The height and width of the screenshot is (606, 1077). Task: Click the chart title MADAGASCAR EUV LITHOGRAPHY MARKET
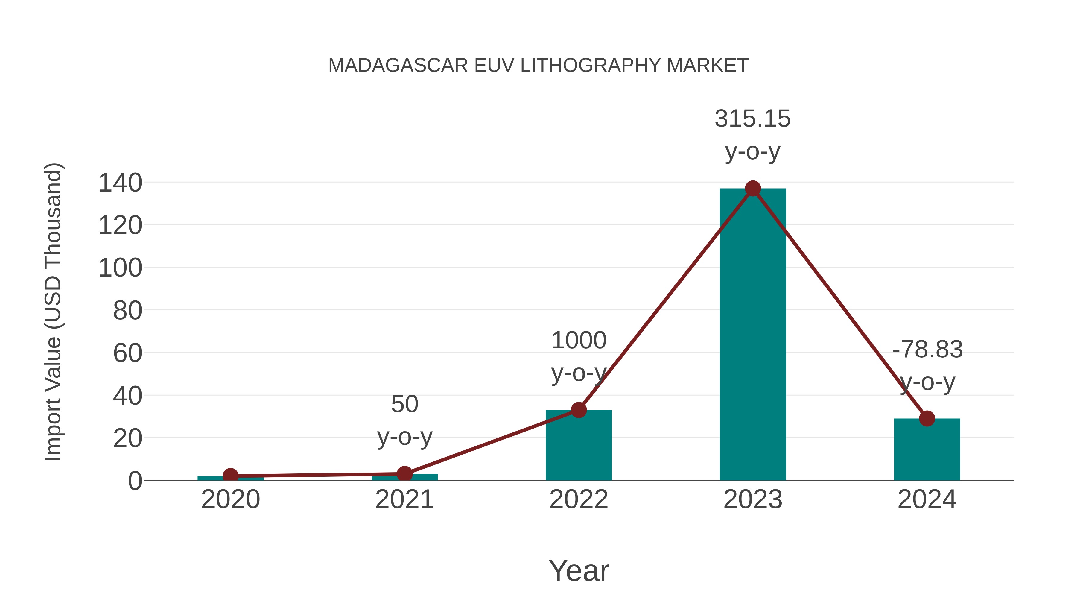(538, 66)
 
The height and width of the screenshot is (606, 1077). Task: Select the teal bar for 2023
(753, 335)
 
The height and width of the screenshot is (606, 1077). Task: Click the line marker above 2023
(753, 189)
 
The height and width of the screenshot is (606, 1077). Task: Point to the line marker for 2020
(230, 476)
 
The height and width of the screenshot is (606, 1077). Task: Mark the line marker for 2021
(404, 474)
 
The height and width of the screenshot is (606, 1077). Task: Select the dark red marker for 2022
(579, 410)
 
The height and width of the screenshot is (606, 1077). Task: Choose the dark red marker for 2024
(927, 418)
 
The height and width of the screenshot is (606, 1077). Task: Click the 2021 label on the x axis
(404, 499)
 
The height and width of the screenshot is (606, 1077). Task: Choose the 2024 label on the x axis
(927, 499)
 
